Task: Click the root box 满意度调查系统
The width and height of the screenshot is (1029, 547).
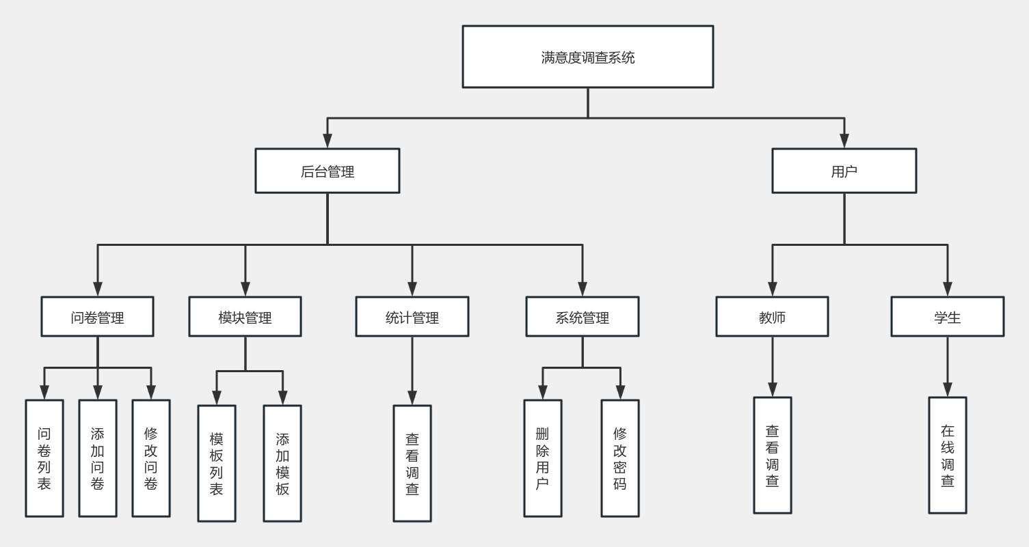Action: click(x=587, y=57)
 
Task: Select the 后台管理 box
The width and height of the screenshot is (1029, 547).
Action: click(x=328, y=171)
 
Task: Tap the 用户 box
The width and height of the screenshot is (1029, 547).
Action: click(x=844, y=171)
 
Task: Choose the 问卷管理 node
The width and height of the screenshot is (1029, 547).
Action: click(x=97, y=317)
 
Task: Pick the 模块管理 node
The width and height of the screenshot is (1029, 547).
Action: click(x=245, y=317)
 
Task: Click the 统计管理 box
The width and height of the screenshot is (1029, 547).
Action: click(x=412, y=317)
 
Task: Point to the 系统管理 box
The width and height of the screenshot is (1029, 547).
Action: click(x=582, y=317)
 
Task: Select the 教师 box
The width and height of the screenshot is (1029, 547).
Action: click(x=772, y=317)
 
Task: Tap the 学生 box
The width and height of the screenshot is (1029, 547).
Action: click(x=947, y=317)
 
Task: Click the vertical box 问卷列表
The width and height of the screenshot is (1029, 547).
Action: click(x=44, y=458)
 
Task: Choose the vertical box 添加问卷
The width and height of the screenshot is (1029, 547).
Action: click(x=98, y=458)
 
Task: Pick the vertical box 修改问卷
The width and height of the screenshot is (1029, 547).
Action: click(x=151, y=458)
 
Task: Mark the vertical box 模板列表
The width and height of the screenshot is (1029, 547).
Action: click(x=217, y=464)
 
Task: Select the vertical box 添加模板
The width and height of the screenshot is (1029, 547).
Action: click(x=282, y=464)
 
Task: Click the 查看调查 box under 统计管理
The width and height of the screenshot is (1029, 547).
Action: click(x=412, y=464)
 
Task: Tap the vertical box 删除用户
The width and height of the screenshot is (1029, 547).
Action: click(x=543, y=458)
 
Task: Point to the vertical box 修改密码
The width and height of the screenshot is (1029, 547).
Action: click(x=620, y=458)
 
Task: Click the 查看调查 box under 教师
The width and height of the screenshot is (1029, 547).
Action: click(x=773, y=455)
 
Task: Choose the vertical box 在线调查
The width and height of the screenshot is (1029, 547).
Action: click(x=948, y=455)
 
